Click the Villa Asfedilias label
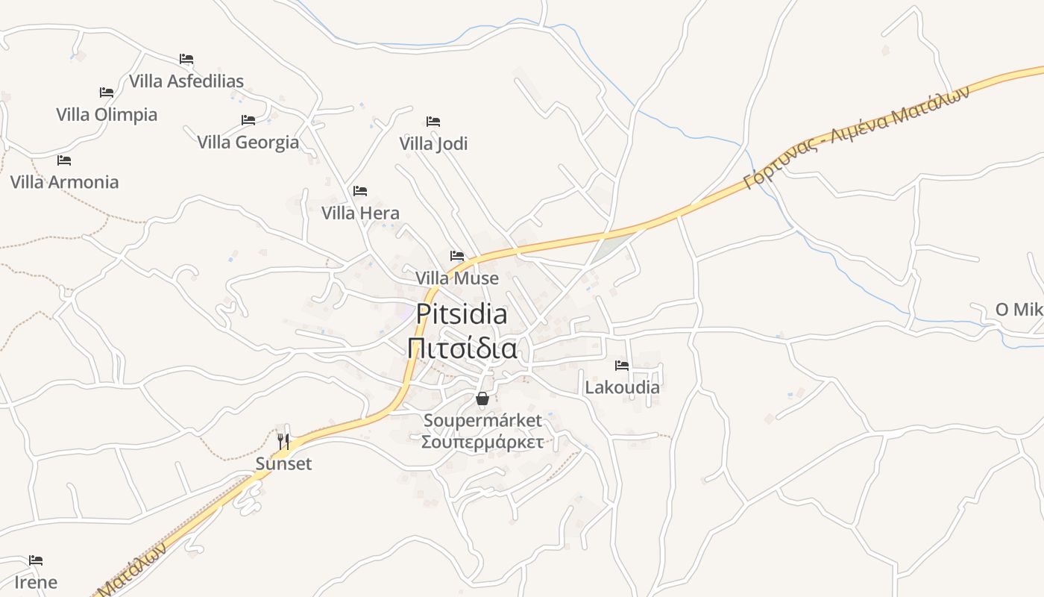coord(186,81)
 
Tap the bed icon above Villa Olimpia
coord(107,93)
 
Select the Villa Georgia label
coord(248,142)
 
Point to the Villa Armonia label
coord(64,182)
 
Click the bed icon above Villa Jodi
coord(433,121)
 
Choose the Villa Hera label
coord(360,213)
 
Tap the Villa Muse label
coord(457,278)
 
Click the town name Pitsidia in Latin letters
coord(462,314)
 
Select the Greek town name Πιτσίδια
coord(462,348)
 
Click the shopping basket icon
coord(482,398)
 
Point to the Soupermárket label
coord(482,421)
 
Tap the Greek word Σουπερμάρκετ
coord(482,442)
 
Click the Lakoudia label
coord(622,387)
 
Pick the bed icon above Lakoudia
coord(622,366)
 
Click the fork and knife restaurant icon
coord(283,442)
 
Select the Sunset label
coord(283,464)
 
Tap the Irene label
coord(36,582)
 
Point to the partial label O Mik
coord(1019,310)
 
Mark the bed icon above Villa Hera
coord(360,191)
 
